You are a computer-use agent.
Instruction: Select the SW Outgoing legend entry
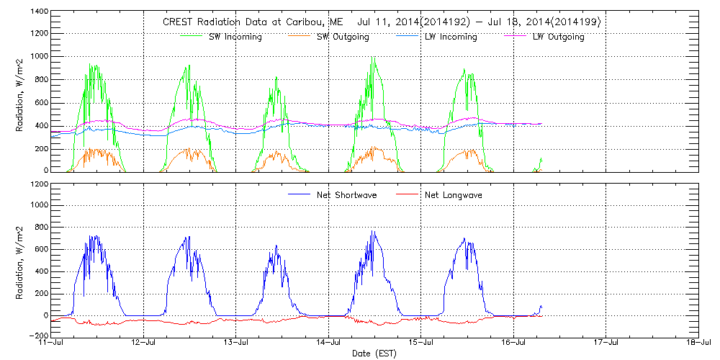[x=343, y=37]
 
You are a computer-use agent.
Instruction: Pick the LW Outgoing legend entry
[x=558, y=37]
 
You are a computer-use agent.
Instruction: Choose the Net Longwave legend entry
[x=450, y=195]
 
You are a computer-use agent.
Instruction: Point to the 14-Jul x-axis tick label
[x=329, y=343]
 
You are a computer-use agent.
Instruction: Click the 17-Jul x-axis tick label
[x=606, y=343]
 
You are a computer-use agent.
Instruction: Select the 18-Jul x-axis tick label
[x=698, y=343]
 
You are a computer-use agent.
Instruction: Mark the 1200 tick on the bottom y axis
[x=39, y=184]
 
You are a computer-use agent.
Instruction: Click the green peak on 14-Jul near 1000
[x=372, y=58]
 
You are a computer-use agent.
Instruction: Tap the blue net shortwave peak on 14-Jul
[x=372, y=231]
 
